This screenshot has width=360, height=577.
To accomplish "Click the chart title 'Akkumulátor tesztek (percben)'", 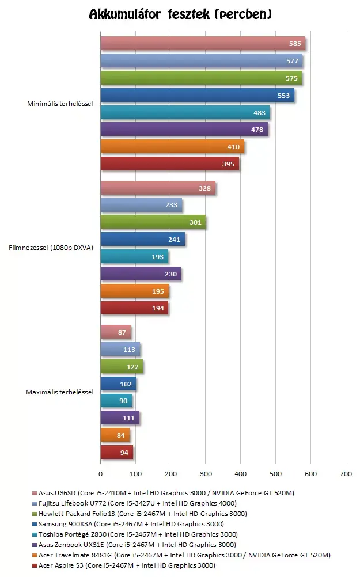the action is click(180, 14).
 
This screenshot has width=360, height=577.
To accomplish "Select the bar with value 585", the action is click(203, 43).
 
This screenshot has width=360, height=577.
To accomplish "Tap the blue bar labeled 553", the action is click(198, 96).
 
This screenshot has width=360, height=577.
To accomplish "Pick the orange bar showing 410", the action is click(172, 146).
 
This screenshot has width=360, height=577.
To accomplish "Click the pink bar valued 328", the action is click(158, 188).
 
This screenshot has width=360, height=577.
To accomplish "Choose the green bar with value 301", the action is click(153, 222).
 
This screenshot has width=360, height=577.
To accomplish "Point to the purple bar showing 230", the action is click(141, 274).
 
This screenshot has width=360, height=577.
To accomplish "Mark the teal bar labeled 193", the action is click(134, 256).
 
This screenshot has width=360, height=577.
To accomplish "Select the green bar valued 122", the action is click(122, 366).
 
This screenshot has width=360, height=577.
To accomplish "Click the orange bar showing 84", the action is click(115, 435).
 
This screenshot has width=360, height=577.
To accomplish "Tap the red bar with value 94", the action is click(117, 452).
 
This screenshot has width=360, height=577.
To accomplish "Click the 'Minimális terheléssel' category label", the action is click(60, 104).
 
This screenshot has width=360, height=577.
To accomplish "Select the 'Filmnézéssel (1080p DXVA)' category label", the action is click(51, 248).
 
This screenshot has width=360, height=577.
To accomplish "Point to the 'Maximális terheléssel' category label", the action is click(60, 392).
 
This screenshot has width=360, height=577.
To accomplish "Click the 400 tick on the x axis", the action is click(241, 474).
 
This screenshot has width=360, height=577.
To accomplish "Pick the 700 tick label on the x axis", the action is click(346, 474).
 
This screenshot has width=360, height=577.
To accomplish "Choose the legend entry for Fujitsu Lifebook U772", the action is click(134, 503).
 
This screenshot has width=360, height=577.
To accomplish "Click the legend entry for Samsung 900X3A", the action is click(128, 524).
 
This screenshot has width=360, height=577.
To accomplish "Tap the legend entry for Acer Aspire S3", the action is click(124, 565).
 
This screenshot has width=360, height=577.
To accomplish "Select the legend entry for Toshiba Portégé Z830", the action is click(135, 534).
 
